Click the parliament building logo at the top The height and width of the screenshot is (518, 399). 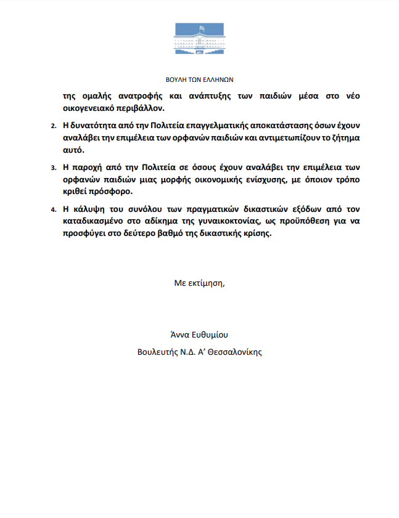[x=199, y=39]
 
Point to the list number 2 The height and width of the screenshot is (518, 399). [x=52, y=126]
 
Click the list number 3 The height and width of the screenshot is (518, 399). [x=52, y=168]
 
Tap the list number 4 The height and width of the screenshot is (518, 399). [x=52, y=210]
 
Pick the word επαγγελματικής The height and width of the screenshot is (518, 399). [x=197, y=125]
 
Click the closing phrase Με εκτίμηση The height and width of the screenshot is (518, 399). [x=200, y=283]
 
